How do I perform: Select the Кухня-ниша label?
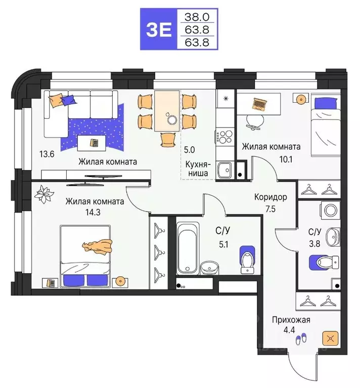pos(198,169)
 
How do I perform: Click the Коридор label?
pos(271,197)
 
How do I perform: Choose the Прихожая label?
pos(290,320)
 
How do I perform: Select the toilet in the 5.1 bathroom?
pos(246,258)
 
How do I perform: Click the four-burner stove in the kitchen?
pos(224,136)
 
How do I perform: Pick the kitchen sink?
pos(224,169)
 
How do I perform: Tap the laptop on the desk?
pos(260,104)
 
